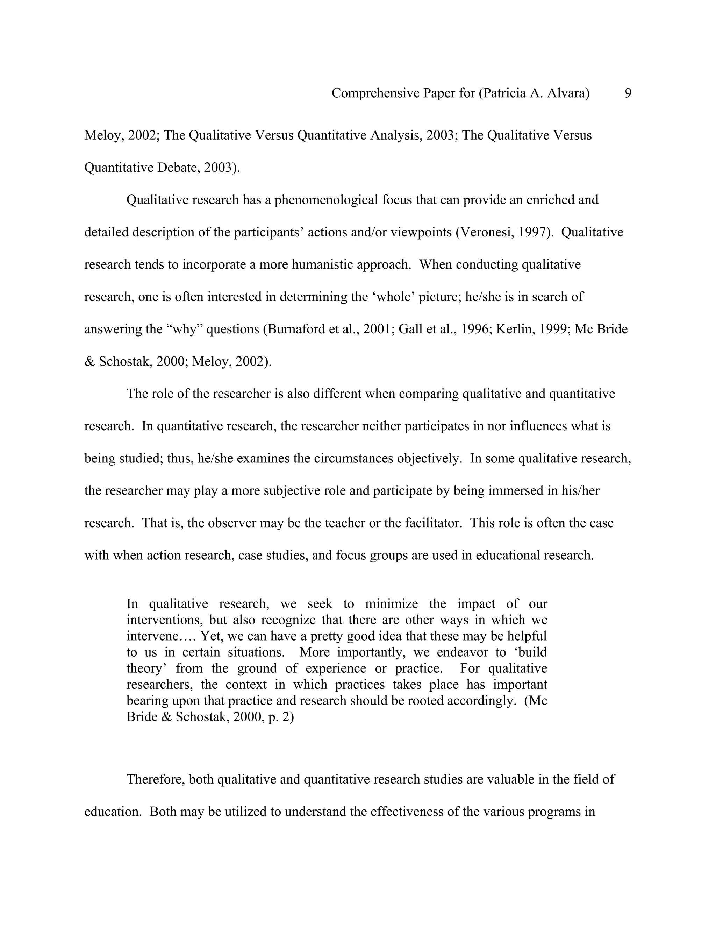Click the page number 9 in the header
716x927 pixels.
(x=628, y=93)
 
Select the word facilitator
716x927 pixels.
(x=430, y=523)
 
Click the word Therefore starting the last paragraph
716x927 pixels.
(x=155, y=779)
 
